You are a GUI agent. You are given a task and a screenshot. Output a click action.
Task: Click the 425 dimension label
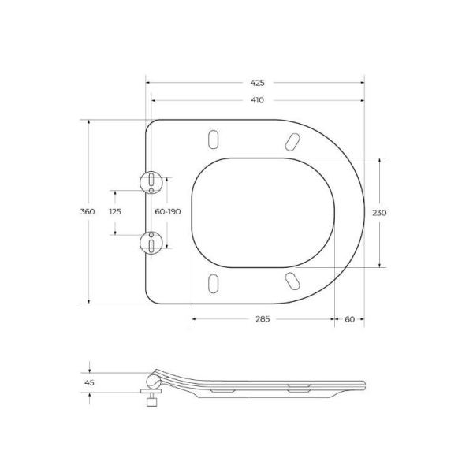click(x=257, y=82)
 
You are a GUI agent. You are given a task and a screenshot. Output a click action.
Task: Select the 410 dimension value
click(x=257, y=100)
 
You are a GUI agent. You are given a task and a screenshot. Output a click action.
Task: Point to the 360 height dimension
click(x=88, y=212)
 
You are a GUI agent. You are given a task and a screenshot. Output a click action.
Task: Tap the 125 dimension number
click(x=115, y=212)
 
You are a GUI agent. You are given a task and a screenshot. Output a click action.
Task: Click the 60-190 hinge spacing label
click(x=167, y=212)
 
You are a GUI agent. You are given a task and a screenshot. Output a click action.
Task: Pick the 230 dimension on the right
click(x=379, y=212)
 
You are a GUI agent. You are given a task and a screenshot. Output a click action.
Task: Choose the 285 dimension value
click(x=263, y=319)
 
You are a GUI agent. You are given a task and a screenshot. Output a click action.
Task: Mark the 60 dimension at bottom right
click(x=349, y=319)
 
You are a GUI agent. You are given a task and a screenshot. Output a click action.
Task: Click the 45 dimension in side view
click(x=89, y=382)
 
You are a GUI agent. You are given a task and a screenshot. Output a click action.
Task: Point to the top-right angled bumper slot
click(x=292, y=140)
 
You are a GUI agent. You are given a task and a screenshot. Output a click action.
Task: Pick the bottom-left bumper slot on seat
click(x=212, y=283)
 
